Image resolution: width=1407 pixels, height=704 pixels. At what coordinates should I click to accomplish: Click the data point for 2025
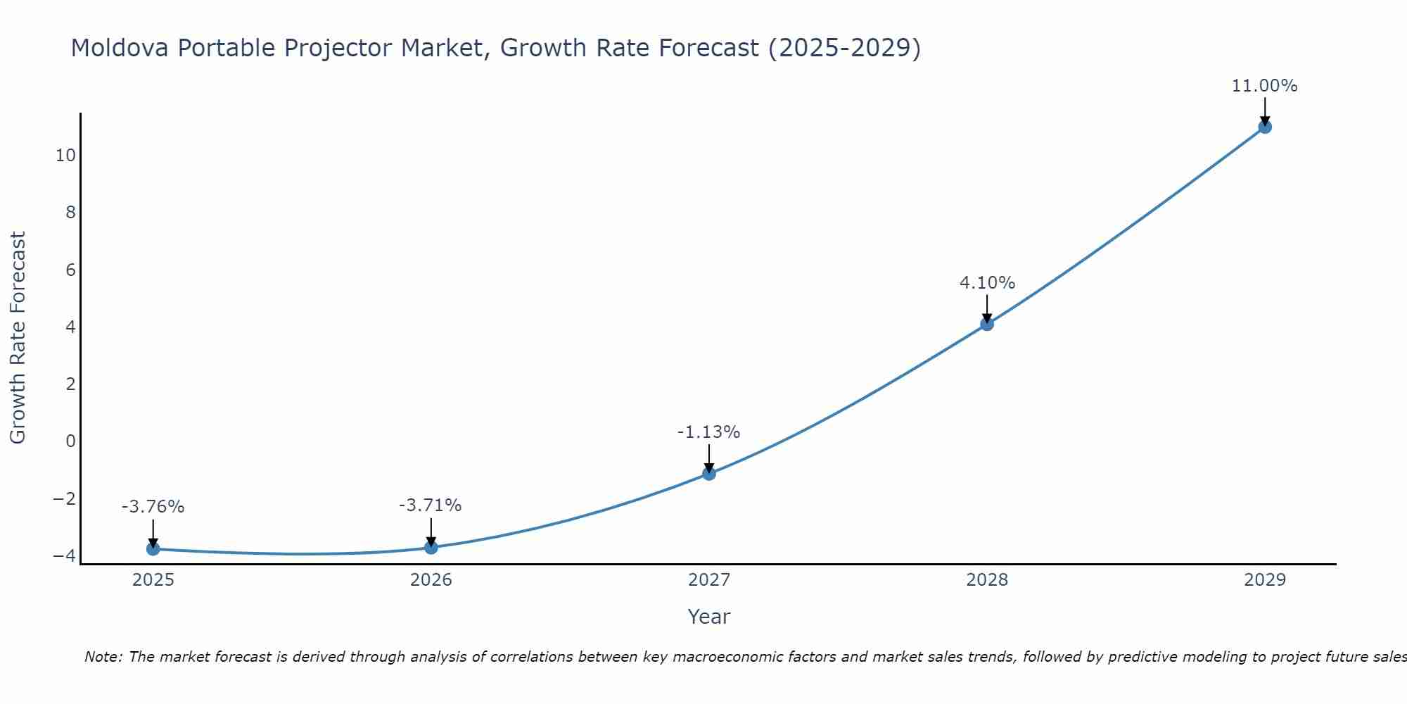(x=153, y=549)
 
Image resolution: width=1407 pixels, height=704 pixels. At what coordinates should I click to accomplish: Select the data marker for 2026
(x=431, y=548)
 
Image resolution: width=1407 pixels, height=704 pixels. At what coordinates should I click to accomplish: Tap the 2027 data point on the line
(x=709, y=474)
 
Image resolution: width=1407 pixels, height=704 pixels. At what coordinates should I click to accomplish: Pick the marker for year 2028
(x=987, y=324)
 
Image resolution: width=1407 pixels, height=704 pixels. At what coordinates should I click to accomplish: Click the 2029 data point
(x=1265, y=127)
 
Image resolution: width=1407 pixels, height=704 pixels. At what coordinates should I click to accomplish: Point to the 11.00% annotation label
(x=1264, y=86)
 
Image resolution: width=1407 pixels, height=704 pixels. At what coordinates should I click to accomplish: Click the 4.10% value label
(x=987, y=283)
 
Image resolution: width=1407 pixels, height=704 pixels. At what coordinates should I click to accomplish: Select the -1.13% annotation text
(x=708, y=432)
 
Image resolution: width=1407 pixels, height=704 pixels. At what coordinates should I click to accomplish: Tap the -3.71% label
(x=430, y=505)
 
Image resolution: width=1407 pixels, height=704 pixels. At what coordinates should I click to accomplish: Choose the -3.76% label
(x=153, y=507)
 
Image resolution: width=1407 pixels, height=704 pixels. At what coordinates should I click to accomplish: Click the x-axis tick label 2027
(x=709, y=580)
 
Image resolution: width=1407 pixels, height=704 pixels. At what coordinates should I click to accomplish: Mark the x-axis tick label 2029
(x=1265, y=580)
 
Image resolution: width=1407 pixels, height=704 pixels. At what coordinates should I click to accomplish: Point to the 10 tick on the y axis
(x=65, y=156)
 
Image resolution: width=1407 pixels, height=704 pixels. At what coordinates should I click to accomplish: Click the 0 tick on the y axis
(x=70, y=441)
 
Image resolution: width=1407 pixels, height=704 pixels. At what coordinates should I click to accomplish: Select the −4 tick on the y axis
(x=64, y=556)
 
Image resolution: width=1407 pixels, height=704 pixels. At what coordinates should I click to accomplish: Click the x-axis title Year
(x=709, y=617)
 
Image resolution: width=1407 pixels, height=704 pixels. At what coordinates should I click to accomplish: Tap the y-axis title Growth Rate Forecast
(x=18, y=338)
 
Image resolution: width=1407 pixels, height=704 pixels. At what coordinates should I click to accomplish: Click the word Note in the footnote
(x=103, y=658)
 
